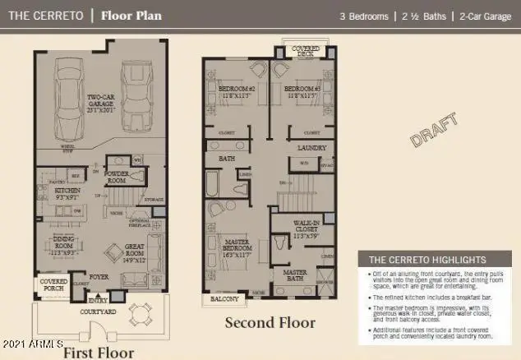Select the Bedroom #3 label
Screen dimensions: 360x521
(301, 90)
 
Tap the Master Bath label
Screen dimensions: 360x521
(295, 275)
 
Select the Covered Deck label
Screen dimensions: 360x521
(306, 51)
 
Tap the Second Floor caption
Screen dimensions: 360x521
(269, 322)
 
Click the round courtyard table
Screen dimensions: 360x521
(143, 313)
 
